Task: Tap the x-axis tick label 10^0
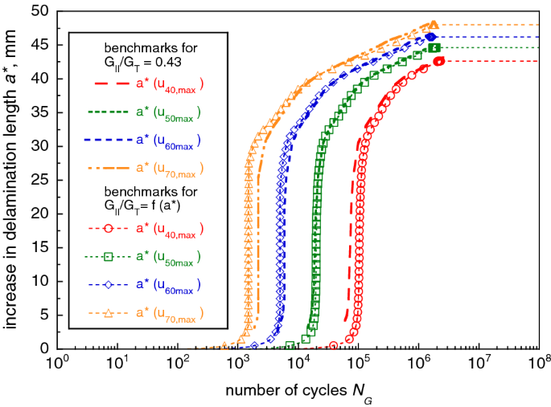[x=58, y=364]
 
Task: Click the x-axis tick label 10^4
[x=298, y=364]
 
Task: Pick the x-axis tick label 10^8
[x=539, y=364]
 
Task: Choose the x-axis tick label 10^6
[x=418, y=364]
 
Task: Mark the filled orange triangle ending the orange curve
[x=434, y=25]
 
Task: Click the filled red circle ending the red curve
[x=439, y=61]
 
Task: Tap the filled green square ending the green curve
[x=435, y=48]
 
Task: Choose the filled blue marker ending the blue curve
[x=431, y=37]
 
